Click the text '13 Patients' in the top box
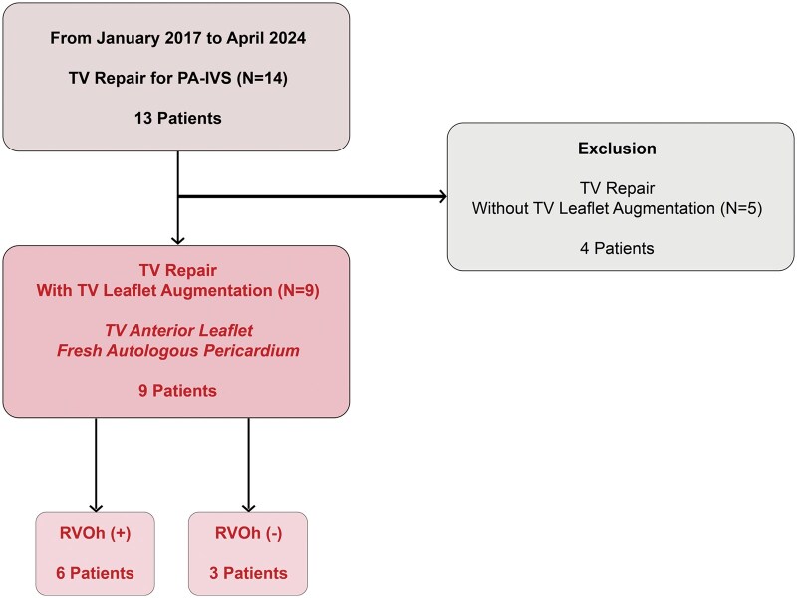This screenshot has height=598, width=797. click(x=178, y=118)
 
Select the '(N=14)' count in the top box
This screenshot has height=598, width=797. click(x=262, y=79)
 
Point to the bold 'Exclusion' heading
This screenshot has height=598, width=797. click(x=617, y=149)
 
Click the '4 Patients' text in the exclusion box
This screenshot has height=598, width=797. click(x=617, y=248)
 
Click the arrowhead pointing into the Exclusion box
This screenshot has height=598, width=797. click(x=443, y=196)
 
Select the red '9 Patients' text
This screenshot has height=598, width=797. click(x=178, y=391)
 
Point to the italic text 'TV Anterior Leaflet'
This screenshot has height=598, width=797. click(x=179, y=331)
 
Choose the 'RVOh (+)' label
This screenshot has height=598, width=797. click(x=95, y=533)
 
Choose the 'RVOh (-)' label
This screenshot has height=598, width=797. click(x=248, y=533)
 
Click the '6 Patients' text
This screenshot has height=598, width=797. click(x=95, y=574)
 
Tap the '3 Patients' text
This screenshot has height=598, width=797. click(x=248, y=574)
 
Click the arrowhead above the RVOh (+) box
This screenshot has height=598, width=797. click(x=96, y=508)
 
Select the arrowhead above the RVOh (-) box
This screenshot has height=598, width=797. click(x=248, y=508)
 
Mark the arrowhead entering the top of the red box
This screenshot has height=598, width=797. click(x=178, y=240)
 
